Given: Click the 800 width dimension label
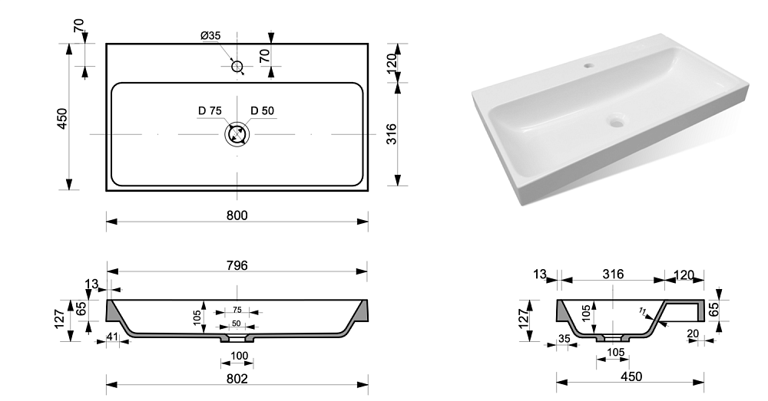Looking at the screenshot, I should [x=237, y=215].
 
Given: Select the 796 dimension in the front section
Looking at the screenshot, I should [x=237, y=265].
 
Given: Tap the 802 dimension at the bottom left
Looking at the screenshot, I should [x=237, y=378].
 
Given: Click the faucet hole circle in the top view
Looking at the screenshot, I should [x=237, y=67].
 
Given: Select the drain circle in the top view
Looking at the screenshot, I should [x=237, y=135].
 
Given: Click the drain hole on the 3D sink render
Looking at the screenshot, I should [x=615, y=120].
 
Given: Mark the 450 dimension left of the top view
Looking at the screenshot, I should [x=62, y=118].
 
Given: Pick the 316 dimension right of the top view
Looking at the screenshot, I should [x=391, y=136].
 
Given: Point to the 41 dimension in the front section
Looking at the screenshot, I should [x=113, y=335].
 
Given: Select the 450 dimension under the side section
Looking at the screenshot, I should [x=630, y=376].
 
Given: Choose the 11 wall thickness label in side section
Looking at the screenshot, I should [x=642, y=311].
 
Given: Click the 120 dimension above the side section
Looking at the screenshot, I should [x=684, y=274].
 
